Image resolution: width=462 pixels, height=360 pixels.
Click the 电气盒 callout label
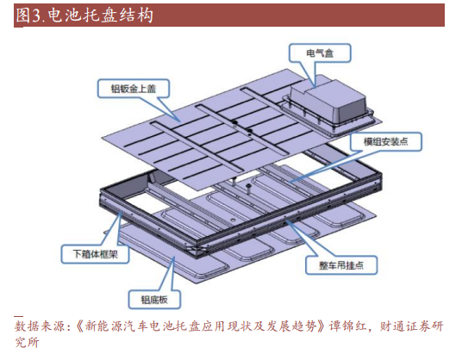coord(320,53)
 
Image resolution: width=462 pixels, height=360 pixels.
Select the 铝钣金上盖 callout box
coord(134,89)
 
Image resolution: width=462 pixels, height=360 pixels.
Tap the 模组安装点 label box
coord(385,142)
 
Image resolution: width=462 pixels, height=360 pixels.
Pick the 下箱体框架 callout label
coord(95,254)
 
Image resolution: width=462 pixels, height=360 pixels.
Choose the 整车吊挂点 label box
coord(341,265)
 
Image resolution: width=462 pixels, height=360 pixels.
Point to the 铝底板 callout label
coord(154,300)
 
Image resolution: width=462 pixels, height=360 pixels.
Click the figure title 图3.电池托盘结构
coord(84,16)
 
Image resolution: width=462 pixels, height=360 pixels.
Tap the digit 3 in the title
coord(36,16)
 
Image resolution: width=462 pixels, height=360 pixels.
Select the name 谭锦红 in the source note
coord(347,326)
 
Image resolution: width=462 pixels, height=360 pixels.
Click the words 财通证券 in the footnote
coord(404,326)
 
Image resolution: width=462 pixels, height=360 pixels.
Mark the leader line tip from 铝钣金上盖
coord(180,121)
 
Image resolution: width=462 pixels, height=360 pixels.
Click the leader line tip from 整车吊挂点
coord(285,220)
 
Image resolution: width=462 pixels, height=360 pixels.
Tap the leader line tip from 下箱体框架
coord(121,213)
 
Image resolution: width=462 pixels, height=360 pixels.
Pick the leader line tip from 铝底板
coord(174,257)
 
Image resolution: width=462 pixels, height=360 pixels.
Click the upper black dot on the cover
coord(234,121)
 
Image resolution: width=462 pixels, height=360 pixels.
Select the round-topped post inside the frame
coord(248,188)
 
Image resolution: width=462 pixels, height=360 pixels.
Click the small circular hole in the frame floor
coord(233,220)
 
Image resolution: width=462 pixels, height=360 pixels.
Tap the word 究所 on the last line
coord(27,342)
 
